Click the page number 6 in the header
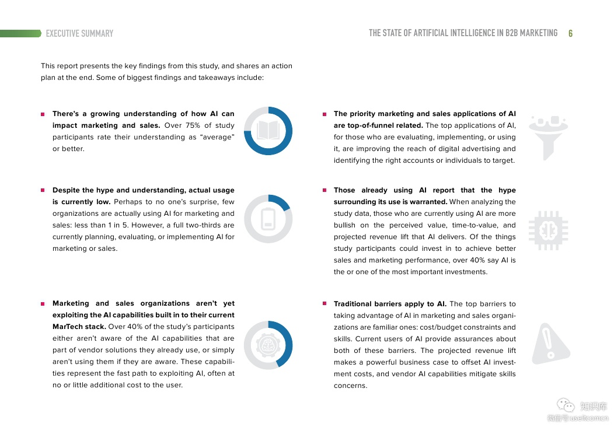point(570,33)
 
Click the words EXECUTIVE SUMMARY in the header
point(79,33)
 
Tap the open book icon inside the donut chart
point(268,131)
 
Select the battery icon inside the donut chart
point(268,219)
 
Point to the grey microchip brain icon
point(547,230)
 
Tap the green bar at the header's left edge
point(20,33)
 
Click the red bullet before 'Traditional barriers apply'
point(325,303)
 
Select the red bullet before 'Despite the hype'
point(43,190)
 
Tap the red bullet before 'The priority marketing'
point(325,114)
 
